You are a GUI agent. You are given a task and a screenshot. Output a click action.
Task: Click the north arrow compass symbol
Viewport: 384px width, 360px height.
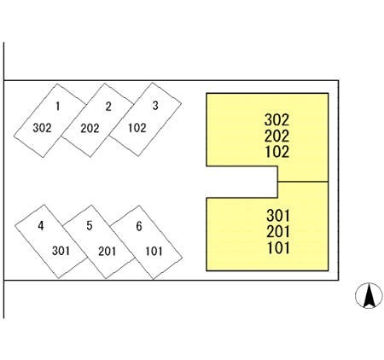[x=369, y=296]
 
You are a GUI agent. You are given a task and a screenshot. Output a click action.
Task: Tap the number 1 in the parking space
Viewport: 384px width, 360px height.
[x=58, y=106]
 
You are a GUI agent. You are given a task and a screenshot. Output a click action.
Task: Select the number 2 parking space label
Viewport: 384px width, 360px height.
[x=108, y=107]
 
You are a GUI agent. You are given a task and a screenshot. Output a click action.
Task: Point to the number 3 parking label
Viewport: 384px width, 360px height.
[x=155, y=106]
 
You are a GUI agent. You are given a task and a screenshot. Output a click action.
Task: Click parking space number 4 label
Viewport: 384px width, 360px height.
[x=41, y=226]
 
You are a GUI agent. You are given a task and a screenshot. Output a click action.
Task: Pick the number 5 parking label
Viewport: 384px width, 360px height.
[x=90, y=225]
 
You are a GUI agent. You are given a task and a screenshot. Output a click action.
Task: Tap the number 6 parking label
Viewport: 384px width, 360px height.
[x=139, y=226]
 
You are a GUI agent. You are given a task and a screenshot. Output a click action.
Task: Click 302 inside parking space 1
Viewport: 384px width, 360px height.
[x=42, y=128]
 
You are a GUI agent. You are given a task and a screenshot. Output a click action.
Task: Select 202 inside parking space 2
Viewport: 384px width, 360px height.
[x=90, y=128]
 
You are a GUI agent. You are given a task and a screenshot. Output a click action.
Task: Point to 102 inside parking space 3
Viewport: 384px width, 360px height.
[x=137, y=128]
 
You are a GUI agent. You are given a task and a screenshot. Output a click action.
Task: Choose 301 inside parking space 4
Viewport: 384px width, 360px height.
[x=61, y=251]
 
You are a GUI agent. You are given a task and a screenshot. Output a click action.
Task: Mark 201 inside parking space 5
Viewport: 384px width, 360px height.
[x=108, y=251]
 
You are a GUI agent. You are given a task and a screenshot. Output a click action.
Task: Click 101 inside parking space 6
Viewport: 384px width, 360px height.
[x=154, y=251]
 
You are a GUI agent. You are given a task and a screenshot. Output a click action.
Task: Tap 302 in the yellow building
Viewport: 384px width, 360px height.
[x=277, y=119]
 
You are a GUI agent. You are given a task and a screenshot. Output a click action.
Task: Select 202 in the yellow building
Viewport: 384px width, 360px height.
[x=277, y=136]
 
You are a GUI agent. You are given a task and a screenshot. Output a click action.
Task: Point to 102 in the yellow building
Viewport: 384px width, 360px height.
[x=277, y=152]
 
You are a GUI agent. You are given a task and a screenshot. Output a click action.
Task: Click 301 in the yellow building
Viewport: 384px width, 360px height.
[x=278, y=215]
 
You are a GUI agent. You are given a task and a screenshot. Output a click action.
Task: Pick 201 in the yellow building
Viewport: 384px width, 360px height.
[x=278, y=231]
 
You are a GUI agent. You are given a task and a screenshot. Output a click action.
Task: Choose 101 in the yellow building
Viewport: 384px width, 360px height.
[x=278, y=247]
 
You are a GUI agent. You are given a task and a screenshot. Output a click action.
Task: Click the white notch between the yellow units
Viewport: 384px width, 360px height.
[x=241, y=182]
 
